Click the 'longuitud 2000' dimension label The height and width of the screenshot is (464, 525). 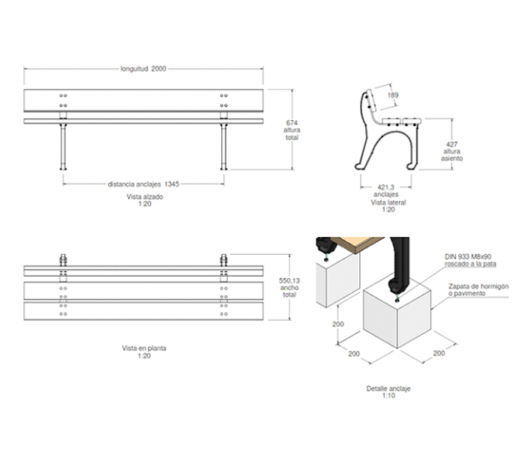click(143, 68)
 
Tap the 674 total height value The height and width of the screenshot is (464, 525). click(292, 123)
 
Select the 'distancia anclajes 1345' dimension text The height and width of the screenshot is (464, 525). click(143, 184)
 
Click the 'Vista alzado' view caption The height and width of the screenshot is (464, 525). click(145, 196)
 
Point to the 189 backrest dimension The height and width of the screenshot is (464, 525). click(393, 95)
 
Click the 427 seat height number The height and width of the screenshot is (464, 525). click(451, 144)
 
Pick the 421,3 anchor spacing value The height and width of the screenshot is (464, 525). click(385, 187)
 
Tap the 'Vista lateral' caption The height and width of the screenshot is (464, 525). click(388, 202)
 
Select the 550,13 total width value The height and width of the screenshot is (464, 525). click(289, 280)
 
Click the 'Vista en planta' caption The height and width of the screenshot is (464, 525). click(144, 349)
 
